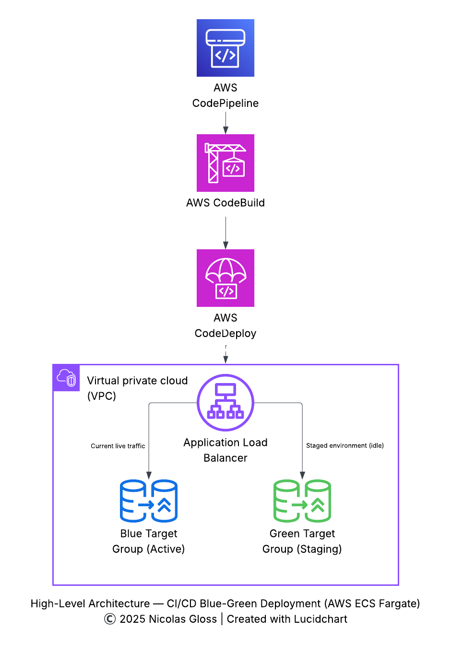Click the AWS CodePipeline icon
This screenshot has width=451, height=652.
coord(225,48)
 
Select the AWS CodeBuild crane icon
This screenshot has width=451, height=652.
coord(225,163)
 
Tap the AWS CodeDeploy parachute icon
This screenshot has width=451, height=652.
coord(225,278)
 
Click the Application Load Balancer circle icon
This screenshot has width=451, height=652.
coord(225,403)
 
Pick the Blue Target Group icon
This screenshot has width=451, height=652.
coord(149,501)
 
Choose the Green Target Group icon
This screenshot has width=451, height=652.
coord(302,501)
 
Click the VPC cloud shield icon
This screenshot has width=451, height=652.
coord(66,378)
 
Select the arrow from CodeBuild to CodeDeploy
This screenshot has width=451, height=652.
coord(225,233)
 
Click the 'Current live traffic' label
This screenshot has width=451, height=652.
coord(118,446)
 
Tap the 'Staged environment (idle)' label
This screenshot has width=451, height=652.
coord(345,445)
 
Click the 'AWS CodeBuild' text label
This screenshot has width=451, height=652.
coord(225,203)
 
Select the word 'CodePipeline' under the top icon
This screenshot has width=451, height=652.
coord(225,103)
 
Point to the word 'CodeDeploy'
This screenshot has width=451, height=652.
coord(225,333)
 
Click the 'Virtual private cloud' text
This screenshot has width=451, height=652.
coord(137,381)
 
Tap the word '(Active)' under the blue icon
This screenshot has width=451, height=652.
coord(166,549)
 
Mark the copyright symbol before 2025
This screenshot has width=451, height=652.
coord(110,619)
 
